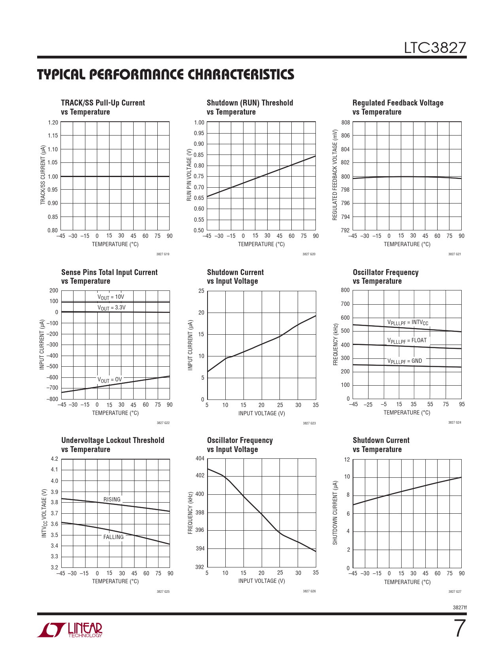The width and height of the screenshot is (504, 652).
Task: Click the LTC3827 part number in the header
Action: [x=435, y=48]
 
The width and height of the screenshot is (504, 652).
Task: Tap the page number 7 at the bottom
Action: [x=459, y=629]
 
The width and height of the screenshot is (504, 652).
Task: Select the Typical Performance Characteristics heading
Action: [x=166, y=75]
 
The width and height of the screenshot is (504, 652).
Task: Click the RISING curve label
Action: [x=112, y=499]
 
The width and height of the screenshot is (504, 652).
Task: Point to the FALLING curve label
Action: [x=113, y=537]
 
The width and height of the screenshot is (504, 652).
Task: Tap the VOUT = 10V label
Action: [x=111, y=297]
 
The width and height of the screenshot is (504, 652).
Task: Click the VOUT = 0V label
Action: [x=110, y=380]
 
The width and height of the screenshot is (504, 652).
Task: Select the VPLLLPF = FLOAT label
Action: [x=407, y=341]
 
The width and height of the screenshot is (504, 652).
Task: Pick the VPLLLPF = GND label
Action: [x=404, y=361]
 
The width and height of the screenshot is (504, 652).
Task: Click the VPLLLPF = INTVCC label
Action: [x=408, y=323]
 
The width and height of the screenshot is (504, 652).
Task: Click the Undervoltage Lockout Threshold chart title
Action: [x=113, y=445]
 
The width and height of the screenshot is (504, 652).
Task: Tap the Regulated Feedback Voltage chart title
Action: [x=398, y=107]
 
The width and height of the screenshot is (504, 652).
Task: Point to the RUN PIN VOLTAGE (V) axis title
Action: [x=189, y=175]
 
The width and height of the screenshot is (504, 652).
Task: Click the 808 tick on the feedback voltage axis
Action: [x=345, y=122]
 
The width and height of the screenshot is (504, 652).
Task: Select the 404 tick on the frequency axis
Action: [x=200, y=458]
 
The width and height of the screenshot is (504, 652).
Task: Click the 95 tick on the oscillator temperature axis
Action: [x=462, y=404]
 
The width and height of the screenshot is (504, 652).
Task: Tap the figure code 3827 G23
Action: [x=309, y=423]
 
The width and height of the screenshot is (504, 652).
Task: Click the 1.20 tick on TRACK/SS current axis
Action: [x=53, y=122]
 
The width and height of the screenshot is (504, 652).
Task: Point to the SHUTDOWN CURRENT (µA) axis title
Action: [x=335, y=513]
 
